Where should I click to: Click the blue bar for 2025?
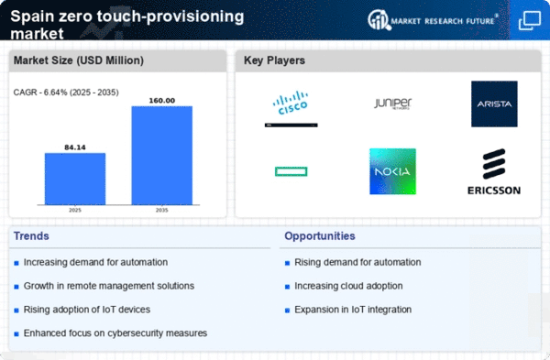[x=75, y=179]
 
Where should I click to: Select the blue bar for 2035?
[x=161, y=156]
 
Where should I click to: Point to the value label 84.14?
[x=75, y=147]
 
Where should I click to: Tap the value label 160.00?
[x=162, y=101]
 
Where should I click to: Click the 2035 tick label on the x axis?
[x=161, y=210]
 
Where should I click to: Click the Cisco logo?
[x=291, y=103]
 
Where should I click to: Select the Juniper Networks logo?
[x=392, y=104]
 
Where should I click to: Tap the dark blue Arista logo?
[x=494, y=104]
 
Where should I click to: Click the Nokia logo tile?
[x=392, y=171]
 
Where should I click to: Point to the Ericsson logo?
[x=494, y=171]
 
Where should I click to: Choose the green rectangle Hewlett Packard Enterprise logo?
[x=291, y=171]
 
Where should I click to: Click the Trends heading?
[x=31, y=236]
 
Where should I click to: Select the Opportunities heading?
[x=320, y=236]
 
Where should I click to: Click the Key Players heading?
[x=274, y=60]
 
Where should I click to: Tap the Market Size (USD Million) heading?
[x=79, y=60]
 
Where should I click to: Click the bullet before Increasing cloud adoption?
[x=287, y=287]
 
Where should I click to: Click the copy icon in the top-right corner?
[x=530, y=20]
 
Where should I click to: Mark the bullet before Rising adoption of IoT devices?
[x=16, y=311]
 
